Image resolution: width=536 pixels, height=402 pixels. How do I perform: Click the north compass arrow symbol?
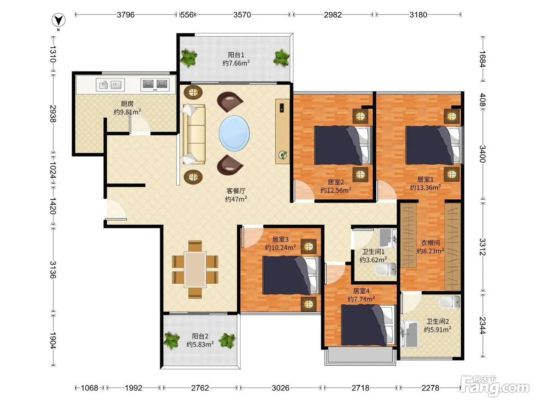[58, 20]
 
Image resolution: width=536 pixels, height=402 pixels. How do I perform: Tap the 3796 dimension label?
[126, 15]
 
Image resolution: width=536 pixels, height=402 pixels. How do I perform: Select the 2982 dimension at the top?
[333, 15]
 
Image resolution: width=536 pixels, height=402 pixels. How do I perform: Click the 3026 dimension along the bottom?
[280, 388]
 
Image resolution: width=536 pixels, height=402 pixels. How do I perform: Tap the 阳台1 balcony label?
[236, 55]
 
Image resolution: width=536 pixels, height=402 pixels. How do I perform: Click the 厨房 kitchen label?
[127, 104]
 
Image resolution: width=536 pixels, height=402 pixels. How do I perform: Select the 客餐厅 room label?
[235, 191]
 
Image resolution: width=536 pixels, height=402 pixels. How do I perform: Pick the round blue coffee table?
[234, 133]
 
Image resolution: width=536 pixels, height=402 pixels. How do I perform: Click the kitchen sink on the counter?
[110, 85]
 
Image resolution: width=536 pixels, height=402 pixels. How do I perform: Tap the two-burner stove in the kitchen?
[155, 85]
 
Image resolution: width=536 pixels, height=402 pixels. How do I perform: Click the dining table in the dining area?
[195, 270]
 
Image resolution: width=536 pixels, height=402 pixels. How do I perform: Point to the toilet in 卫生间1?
[385, 269]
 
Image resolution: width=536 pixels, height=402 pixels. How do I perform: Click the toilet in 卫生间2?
[449, 302]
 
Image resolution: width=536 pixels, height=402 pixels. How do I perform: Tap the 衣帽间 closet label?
[430, 243]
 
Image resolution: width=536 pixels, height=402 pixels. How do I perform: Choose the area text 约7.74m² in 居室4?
[361, 299]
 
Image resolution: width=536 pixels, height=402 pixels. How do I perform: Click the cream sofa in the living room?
[194, 134]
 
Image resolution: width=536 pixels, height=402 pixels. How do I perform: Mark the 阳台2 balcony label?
[200, 336]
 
